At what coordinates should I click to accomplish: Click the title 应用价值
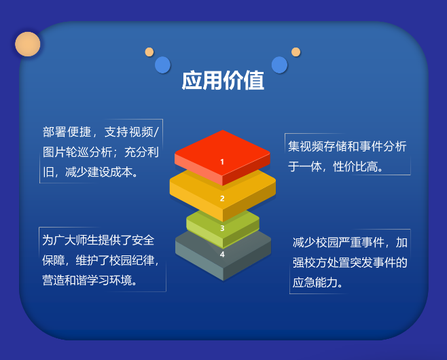click(x=223, y=80)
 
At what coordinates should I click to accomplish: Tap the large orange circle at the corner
click(x=28, y=44)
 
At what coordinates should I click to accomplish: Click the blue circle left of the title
click(x=163, y=65)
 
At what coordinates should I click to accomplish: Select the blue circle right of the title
click(x=279, y=65)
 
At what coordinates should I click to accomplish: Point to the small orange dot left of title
click(x=149, y=52)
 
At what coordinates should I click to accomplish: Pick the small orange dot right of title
click(x=296, y=52)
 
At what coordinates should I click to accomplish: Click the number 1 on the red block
click(x=222, y=162)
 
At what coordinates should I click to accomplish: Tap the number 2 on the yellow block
click(x=222, y=198)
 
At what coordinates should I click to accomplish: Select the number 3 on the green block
click(x=222, y=228)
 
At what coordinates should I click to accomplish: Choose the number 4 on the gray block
click(x=222, y=254)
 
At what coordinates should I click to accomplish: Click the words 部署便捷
click(x=67, y=132)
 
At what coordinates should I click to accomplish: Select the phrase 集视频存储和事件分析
click(x=347, y=147)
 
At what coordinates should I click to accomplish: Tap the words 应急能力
click(x=315, y=283)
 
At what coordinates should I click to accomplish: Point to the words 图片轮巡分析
click(x=77, y=152)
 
